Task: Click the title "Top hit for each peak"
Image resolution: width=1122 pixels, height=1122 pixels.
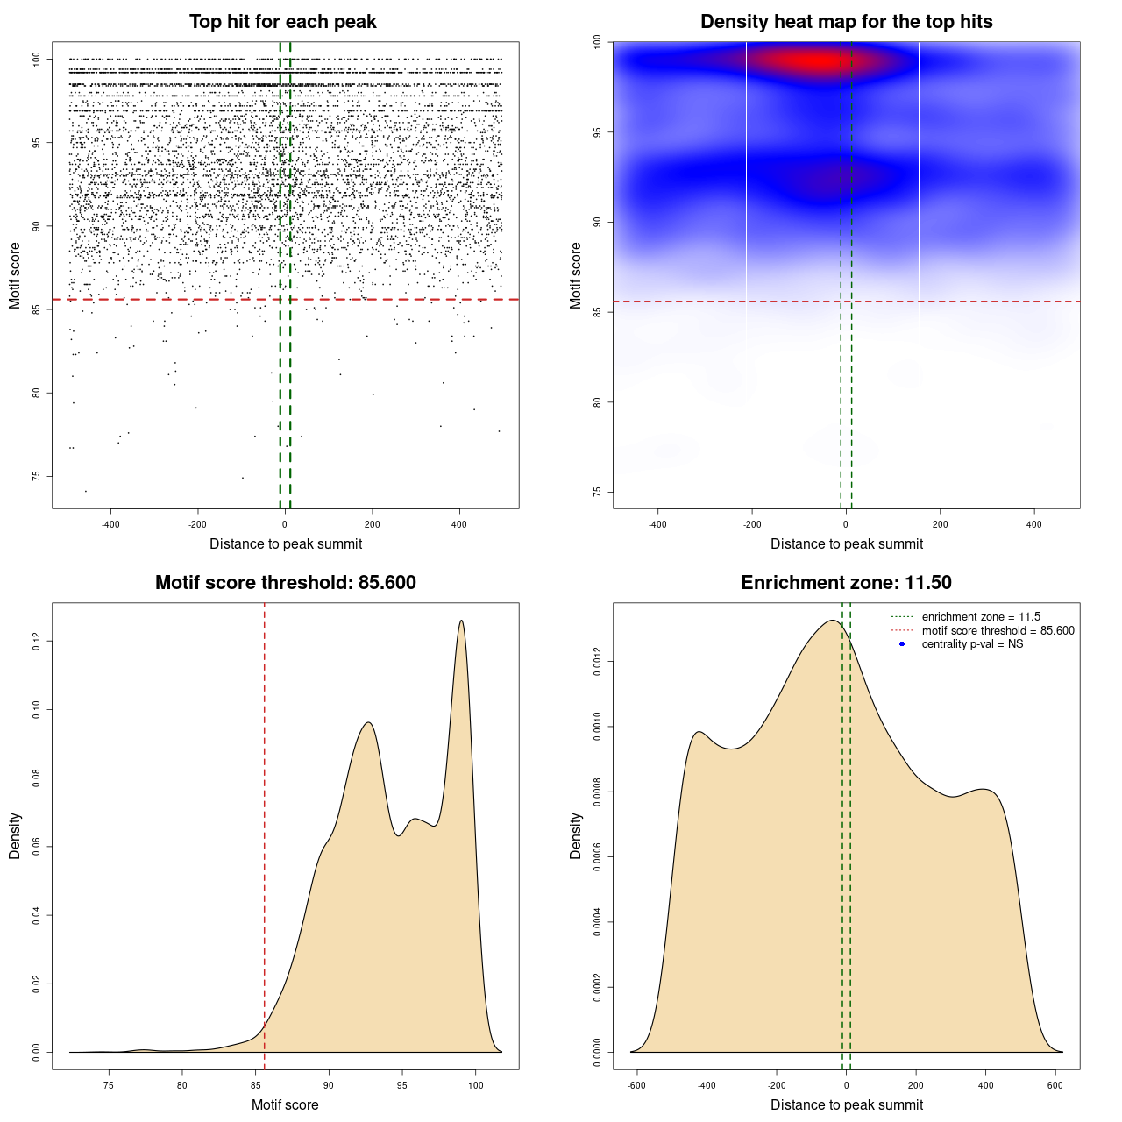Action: click(x=282, y=22)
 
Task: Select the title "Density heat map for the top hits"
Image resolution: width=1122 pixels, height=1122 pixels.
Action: click(x=846, y=22)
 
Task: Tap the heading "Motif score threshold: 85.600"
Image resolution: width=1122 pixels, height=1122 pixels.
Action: click(x=285, y=583)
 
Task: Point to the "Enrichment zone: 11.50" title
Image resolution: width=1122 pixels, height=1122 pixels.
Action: click(x=846, y=583)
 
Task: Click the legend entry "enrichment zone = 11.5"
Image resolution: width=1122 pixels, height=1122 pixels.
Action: click(x=981, y=617)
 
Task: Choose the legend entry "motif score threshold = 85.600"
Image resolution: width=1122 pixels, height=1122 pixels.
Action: click(x=998, y=630)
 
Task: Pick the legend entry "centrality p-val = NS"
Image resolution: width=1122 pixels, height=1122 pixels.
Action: click(x=972, y=644)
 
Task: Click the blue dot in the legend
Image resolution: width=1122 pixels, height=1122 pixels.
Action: click(x=902, y=644)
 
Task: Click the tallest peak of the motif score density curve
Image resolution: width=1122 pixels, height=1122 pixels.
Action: click(x=461, y=621)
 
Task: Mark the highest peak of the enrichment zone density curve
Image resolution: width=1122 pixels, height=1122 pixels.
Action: click(x=831, y=621)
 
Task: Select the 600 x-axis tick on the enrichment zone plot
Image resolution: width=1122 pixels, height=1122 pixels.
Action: click(x=1055, y=1084)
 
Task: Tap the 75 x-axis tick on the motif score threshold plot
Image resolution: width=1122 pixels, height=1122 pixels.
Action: click(x=109, y=1084)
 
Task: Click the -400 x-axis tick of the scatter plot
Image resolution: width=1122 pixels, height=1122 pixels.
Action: click(x=110, y=524)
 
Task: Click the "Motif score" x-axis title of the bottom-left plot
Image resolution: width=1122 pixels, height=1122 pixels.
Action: click(x=285, y=1104)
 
